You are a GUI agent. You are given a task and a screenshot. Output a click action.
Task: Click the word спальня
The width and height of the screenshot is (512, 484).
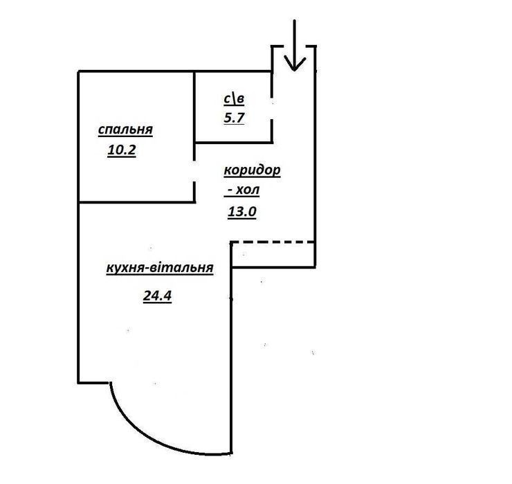tap(125, 129)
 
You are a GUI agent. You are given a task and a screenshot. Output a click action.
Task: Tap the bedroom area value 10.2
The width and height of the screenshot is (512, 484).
tap(122, 150)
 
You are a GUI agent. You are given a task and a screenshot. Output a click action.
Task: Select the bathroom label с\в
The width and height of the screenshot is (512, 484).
tap(234, 99)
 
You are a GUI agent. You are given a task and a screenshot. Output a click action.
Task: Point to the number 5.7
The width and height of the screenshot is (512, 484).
tap(234, 118)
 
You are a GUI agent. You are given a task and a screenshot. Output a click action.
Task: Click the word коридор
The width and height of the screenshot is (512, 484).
tap(252, 170)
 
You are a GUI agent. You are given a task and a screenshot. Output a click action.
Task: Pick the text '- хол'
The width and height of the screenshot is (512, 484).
tap(242, 190)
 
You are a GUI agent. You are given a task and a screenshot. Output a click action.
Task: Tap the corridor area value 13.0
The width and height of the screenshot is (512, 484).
tap(242, 212)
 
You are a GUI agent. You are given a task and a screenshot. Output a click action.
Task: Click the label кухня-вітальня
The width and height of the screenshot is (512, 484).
tap(160, 268)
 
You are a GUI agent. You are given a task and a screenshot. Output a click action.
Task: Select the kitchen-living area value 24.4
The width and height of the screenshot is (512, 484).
tap(157, 296)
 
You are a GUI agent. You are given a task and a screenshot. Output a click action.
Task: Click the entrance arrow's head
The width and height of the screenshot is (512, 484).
tap(295, 63)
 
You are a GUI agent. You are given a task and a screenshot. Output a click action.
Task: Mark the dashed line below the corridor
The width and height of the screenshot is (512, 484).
tap(273, 242)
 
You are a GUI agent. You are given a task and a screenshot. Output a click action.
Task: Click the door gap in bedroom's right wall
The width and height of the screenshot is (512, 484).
tap(194, 171)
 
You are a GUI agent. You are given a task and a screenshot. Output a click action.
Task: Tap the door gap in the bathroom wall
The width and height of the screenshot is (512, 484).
tap(272, 109)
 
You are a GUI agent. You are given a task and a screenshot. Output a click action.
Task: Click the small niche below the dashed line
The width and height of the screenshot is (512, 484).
tap(273, 255)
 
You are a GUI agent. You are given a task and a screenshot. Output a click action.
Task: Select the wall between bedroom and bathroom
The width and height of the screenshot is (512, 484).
tap(194, 107)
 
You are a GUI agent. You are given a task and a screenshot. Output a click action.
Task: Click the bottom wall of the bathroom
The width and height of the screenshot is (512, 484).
tap(234, 143)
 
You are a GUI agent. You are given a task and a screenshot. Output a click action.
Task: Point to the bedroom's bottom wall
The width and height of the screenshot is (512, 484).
tap(137, 202)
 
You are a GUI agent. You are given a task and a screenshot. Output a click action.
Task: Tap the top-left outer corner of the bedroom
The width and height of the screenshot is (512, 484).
tap(78, 71)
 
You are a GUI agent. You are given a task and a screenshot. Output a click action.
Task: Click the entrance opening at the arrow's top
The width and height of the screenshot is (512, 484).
tap(294, 46)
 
